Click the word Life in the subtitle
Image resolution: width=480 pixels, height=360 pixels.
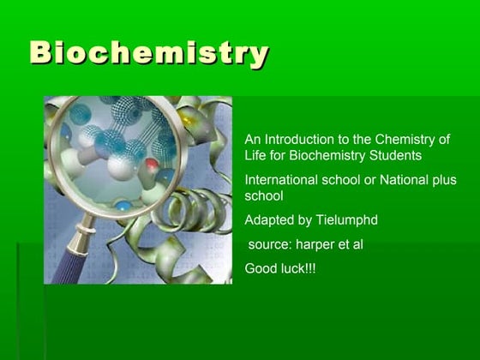tap(255, 156)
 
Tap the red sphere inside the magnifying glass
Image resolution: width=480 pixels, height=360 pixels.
tap(152, 162)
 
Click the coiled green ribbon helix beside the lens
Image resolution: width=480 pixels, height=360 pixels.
tap(193, 210)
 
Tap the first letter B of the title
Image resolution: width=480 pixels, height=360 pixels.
tap(42, 53)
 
